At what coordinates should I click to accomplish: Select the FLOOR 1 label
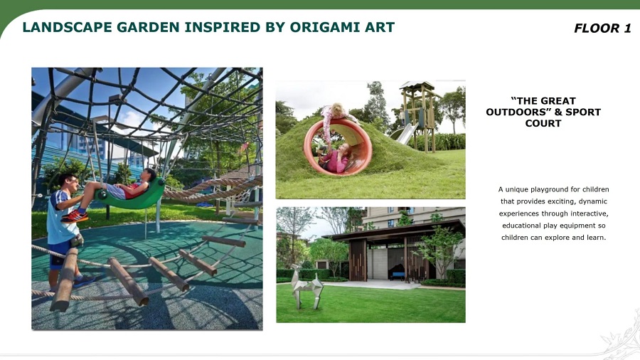click(x=602, y=28)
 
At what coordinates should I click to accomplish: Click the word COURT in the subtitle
click(x=543, y=123)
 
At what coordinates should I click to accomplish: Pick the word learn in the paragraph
click(x=595, y=237)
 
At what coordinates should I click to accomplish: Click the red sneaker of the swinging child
click(x=74, y=216)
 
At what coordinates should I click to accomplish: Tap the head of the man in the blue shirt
click(x=68, y=184)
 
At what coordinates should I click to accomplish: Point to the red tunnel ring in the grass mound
click(x=338, y=147)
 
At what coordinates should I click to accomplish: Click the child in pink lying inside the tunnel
click(x=336, y=159)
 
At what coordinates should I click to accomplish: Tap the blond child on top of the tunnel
click(x=335, y=118)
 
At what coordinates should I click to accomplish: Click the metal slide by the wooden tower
click(x=403, y=134)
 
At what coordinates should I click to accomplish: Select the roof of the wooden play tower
click(x=417, y=85)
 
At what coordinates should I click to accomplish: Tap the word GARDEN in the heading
click(x=148, y=27)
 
